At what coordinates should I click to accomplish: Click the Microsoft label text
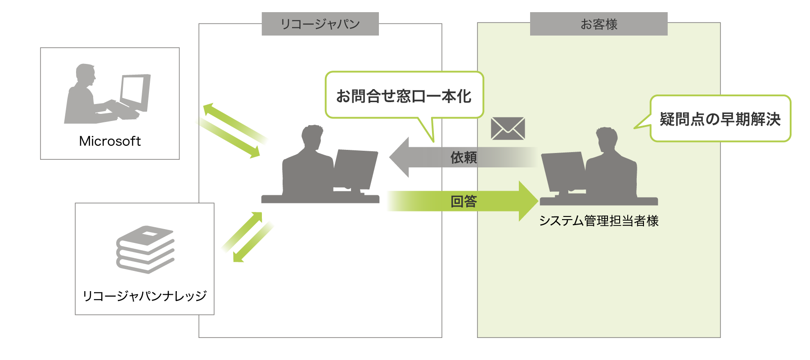click(110, 141)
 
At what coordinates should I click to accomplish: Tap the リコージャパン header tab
click(320, 24)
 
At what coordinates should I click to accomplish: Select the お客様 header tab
click(598, 24)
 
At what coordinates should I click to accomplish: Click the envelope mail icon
click(508, 128)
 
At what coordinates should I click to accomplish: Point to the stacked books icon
click(145, 249)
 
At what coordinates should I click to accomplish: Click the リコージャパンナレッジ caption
click(144, 296)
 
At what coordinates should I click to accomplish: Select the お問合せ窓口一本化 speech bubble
click(404, 96)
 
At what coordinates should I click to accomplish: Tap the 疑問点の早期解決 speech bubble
click(720, 119)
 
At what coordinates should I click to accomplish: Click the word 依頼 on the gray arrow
click(463, 157)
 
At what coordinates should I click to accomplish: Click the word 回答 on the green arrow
click(463, 201)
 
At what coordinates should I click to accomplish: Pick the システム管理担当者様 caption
click(598, 221)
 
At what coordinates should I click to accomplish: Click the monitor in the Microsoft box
click(135, 92)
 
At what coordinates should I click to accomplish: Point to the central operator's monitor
click(355, 169)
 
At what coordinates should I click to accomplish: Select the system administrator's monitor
click(562, 171)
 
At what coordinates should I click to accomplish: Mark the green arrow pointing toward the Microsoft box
click(234, 122)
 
